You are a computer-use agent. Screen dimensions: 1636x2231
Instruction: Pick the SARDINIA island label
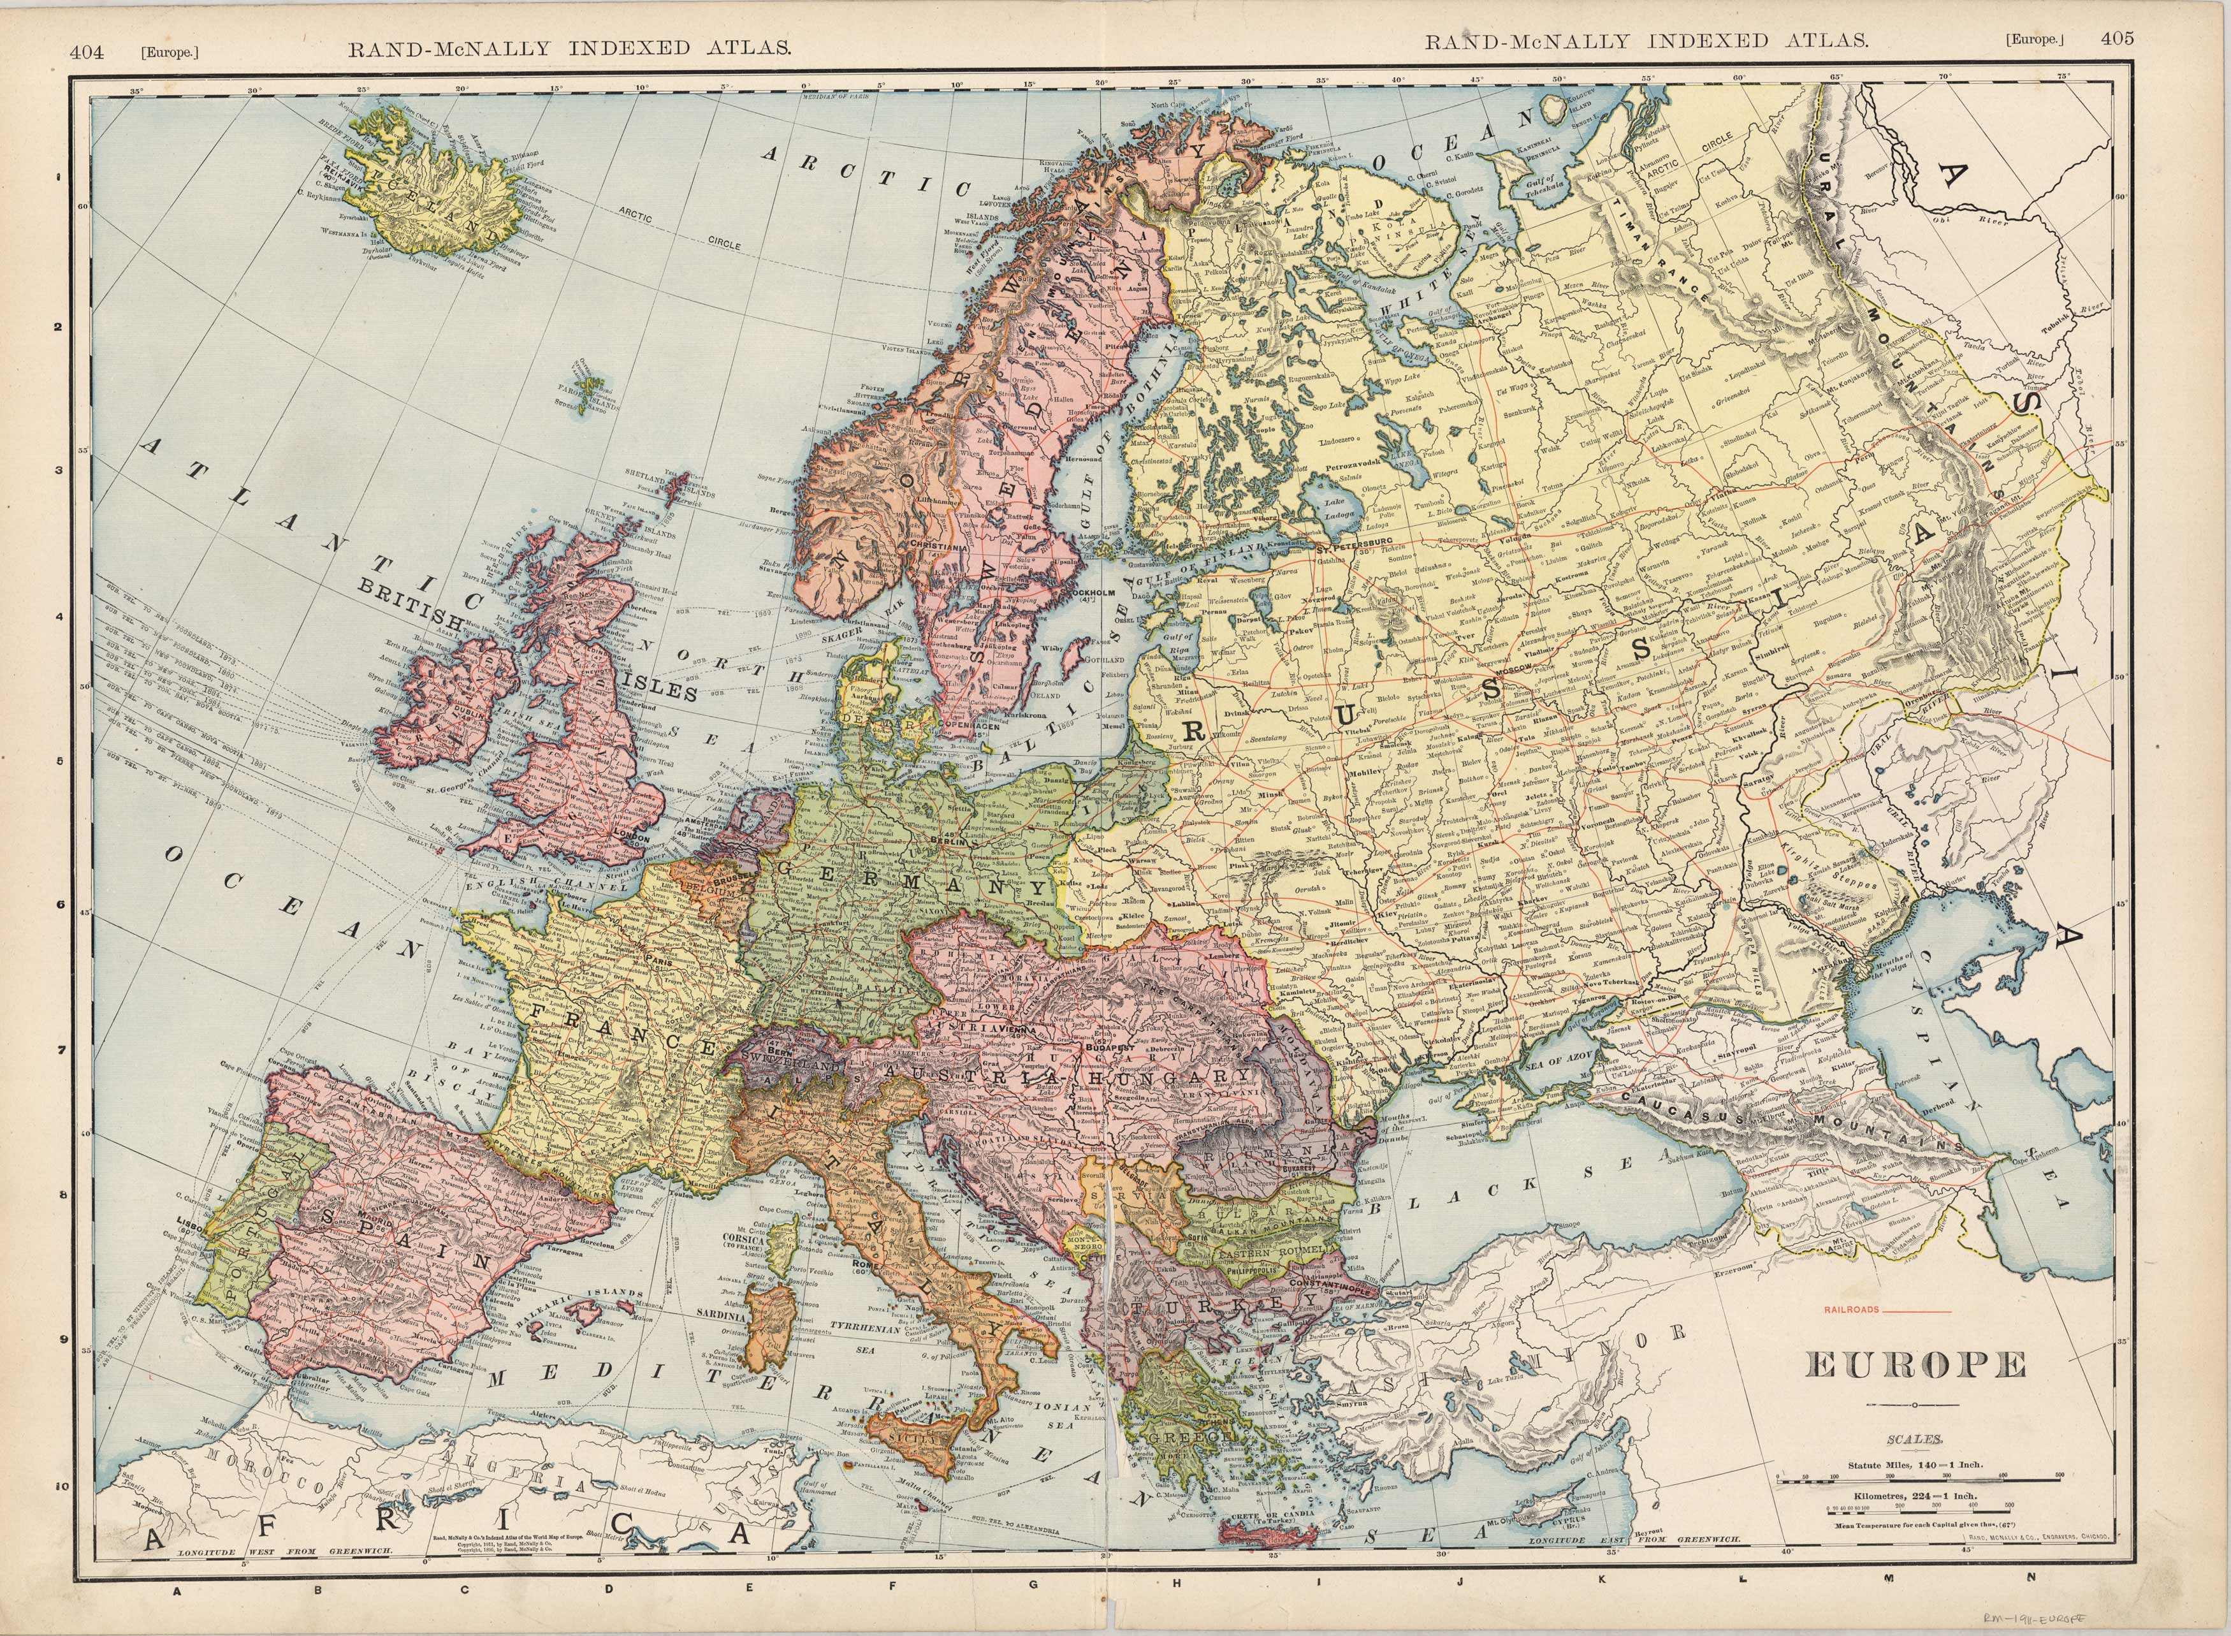[725, 1318]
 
